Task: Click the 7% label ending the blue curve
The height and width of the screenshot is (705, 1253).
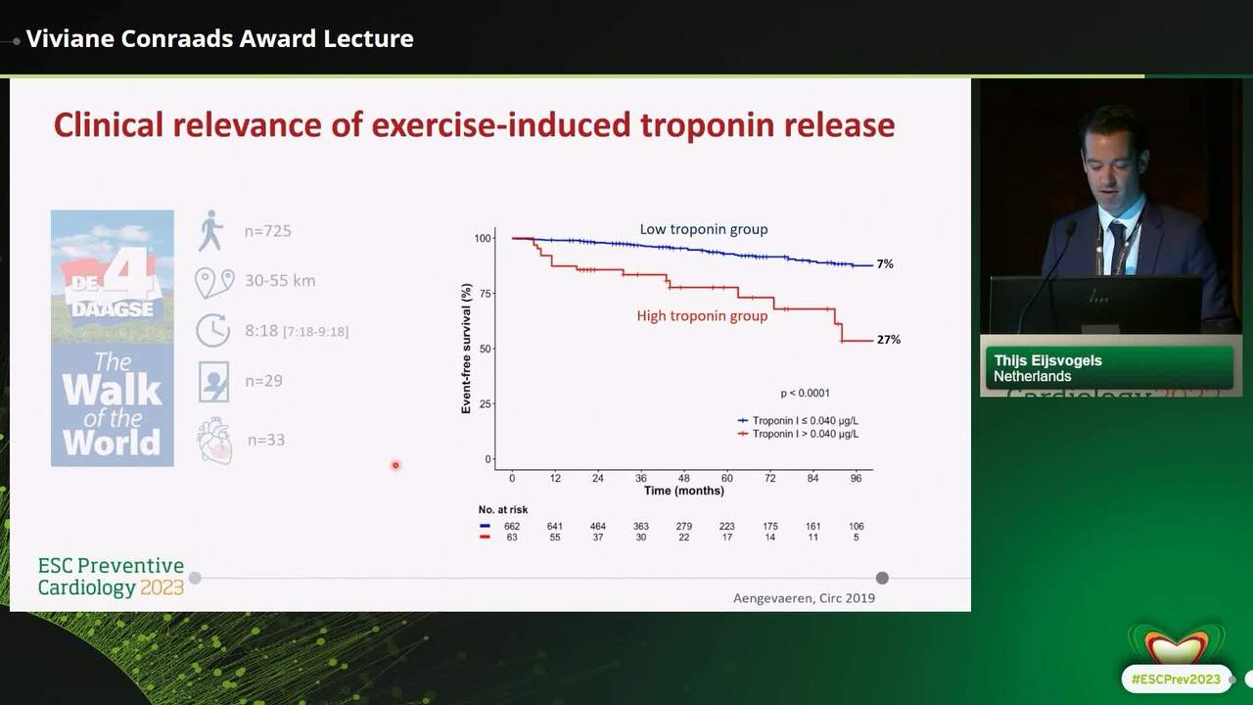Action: pos(885,264)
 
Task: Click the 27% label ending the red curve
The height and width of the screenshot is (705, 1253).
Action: pos(889,340)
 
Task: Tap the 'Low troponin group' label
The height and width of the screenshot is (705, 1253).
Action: pos(704,229)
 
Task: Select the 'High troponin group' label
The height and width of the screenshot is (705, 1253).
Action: pos(702,316)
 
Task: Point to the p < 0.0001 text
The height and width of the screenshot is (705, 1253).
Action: pos(805,394)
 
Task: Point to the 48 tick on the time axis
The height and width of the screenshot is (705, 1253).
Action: pos(683,479)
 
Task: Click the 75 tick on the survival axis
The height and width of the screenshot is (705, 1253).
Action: pos(485,294)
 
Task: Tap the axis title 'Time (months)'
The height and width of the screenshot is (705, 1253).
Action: pos(683,491)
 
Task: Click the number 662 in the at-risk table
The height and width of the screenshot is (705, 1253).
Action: pos(512,527)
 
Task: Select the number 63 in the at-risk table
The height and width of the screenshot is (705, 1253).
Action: pos(512,538)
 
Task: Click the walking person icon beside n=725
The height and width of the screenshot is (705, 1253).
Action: pos(210,230)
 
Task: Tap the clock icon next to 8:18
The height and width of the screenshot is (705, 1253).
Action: pos(212,330)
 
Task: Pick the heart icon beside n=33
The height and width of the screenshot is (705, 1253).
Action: pos(214,440)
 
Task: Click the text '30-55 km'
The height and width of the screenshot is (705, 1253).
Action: pos(280,280)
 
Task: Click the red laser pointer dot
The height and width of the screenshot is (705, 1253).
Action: pos(395,465)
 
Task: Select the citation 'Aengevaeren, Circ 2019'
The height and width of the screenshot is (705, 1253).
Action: pos(804,598)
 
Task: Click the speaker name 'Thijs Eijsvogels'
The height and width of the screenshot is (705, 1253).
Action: pos(1047,360)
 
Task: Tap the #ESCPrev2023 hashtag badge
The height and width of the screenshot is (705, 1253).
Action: pos(1177,680)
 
